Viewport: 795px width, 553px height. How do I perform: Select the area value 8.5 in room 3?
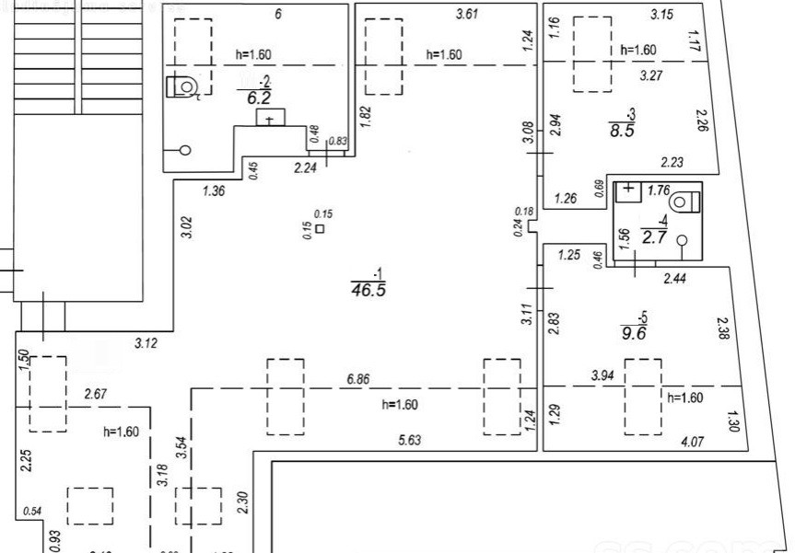point(622,130)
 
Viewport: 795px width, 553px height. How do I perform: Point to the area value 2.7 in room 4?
point(654,236)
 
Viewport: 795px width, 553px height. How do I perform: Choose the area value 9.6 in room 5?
point(635,334)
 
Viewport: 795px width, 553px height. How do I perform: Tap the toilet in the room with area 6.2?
point(183,86)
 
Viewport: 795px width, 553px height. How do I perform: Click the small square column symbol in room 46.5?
point(320,228)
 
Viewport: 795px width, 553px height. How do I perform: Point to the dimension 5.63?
point(410,441)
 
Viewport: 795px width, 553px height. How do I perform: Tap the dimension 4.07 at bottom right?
point(692,443)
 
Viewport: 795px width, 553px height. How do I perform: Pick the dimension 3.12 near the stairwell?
point(146,344)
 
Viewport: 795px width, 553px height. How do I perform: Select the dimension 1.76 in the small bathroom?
point(658,191)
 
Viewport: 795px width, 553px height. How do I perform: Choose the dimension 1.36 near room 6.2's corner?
point(214,191)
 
